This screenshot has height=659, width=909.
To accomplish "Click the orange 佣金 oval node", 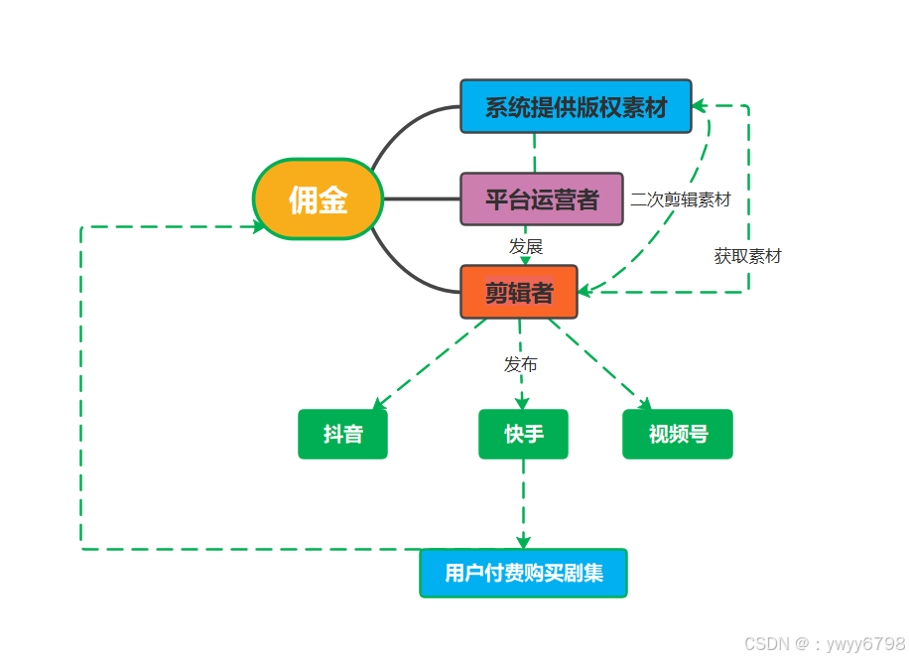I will point(318,199).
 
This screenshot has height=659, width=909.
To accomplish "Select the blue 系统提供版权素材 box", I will point(576,106).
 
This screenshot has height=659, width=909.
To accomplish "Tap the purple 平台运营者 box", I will point(541,198).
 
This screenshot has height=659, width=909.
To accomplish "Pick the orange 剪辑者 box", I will point(518,292).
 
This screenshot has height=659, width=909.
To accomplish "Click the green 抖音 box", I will point(342,434).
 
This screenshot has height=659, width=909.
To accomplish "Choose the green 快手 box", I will point(523,434).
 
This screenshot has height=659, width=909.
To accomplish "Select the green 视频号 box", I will point(678,434).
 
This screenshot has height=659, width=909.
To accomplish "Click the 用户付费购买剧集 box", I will point(523,573).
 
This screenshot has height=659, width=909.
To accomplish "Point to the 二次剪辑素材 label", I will point(681,199).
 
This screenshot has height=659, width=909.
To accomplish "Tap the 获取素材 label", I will point(747,256).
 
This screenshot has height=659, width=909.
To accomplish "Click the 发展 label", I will point(526,246).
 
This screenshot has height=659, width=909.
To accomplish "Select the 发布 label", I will point(521,364).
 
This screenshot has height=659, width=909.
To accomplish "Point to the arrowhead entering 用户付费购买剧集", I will point(523,542).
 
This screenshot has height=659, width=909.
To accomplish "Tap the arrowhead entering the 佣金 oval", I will point(260,226).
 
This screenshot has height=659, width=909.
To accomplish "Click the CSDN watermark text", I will point(824,643).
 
